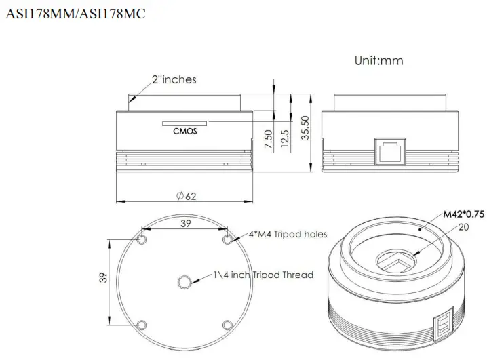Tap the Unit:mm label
tap(378, 60)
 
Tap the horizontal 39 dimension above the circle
tap(184, 223)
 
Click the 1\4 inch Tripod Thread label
tap(262, 275)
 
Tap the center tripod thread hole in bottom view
tap(184, 281)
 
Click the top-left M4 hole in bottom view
tap(142, 240)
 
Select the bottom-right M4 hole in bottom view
tap(227, 324)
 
